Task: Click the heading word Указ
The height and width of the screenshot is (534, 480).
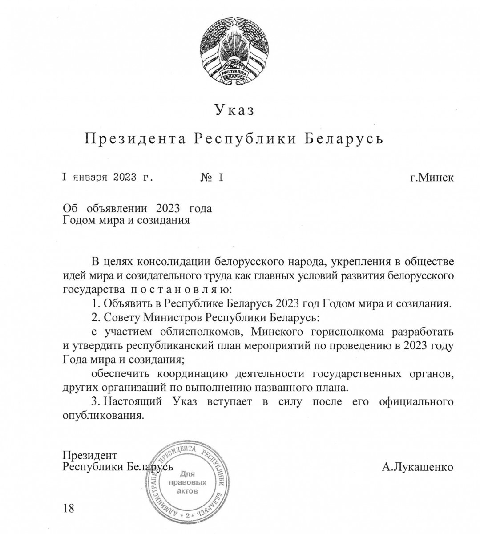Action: [235, 110]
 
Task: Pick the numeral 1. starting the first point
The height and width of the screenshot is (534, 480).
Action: [94, 304]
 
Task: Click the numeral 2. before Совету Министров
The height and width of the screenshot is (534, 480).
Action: [94, 319]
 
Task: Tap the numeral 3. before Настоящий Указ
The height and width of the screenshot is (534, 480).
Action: [94, 401]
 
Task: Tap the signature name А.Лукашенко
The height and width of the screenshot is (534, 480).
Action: [417, 467]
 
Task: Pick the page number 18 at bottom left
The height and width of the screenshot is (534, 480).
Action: [69, 508]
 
